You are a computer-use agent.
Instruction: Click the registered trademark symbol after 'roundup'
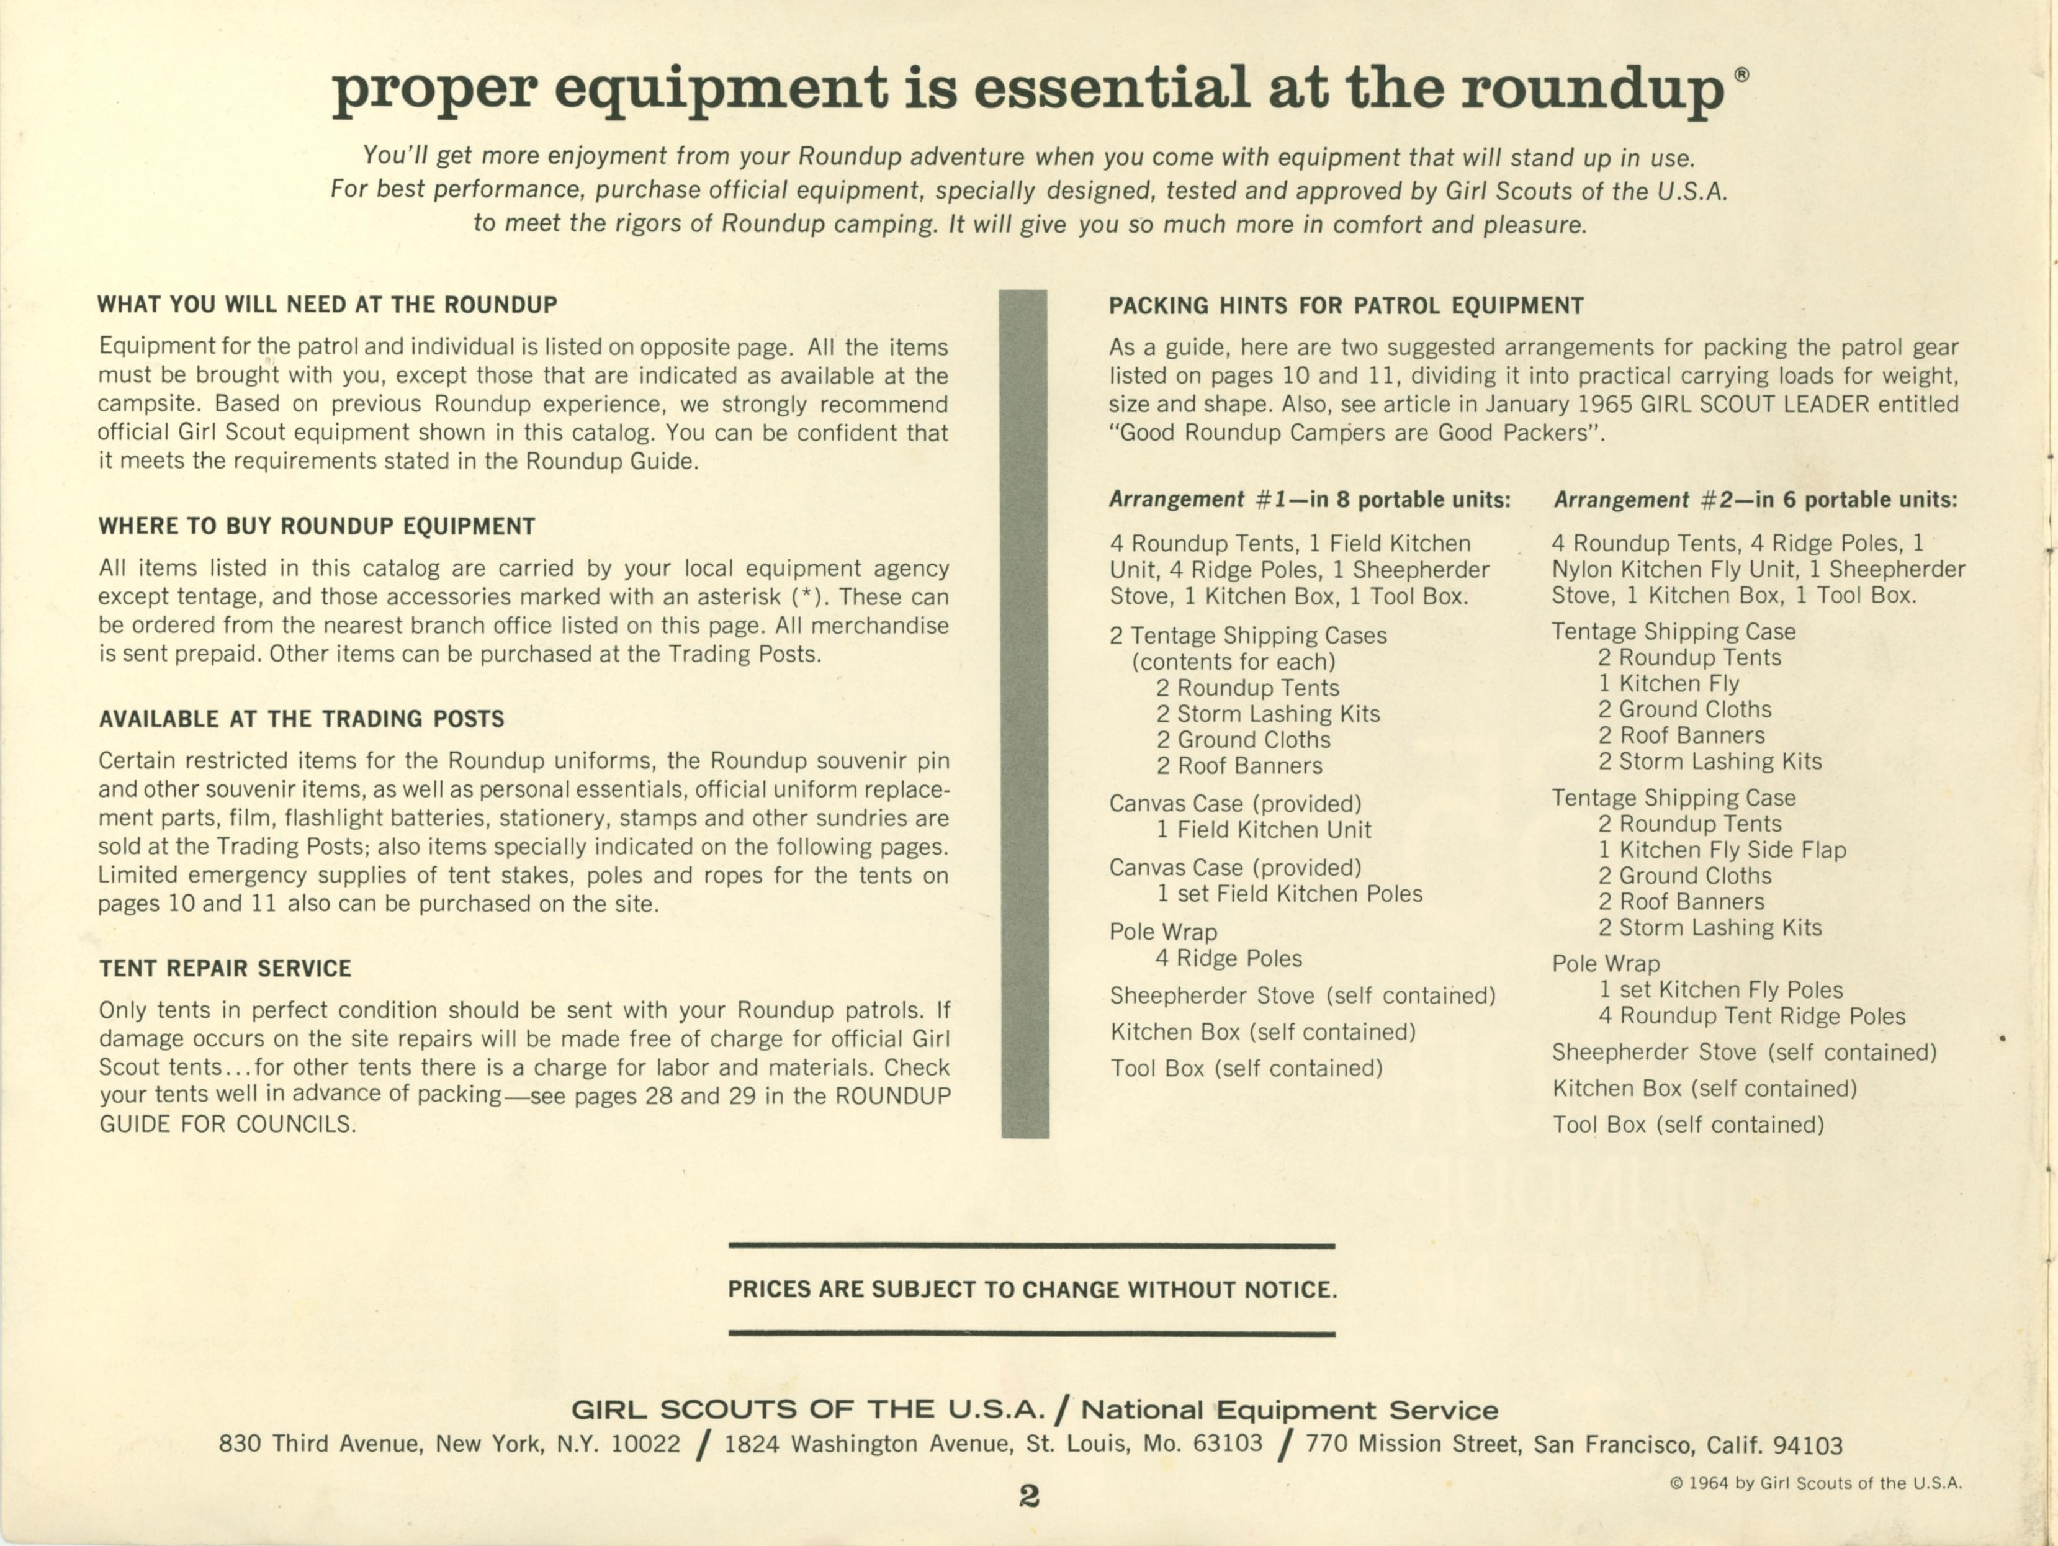1741,75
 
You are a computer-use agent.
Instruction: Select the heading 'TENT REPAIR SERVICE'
225,968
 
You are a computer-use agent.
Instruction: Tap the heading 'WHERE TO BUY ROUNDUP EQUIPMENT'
317,526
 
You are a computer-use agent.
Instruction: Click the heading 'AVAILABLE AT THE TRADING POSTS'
302,719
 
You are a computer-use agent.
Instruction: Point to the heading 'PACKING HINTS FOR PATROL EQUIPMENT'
1346,306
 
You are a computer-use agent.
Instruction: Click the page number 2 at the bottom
1029,1495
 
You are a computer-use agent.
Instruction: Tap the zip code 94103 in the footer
1807,1445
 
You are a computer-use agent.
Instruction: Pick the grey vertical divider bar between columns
1025,714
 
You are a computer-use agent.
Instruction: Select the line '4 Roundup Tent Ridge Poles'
1751,1016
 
